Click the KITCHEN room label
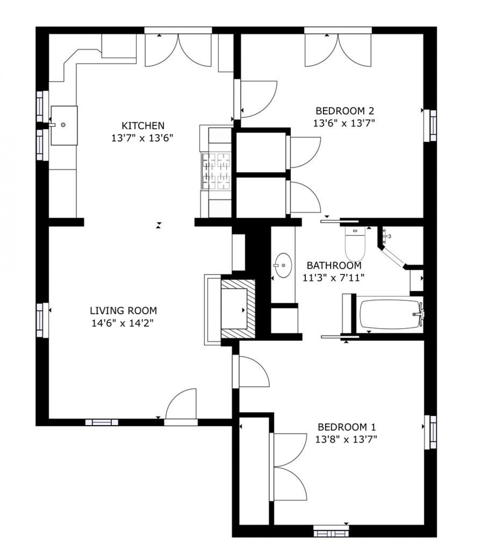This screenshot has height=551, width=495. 143,126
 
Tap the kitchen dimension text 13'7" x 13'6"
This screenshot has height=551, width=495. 142,138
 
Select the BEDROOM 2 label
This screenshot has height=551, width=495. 345,110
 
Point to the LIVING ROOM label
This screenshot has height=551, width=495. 123,311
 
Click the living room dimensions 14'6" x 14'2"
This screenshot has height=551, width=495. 122,323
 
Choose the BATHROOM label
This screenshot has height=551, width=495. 334,265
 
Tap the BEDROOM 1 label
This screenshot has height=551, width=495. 346,427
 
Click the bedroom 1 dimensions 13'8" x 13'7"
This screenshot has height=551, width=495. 346,439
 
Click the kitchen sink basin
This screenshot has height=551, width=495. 64,125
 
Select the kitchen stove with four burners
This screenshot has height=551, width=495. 216,171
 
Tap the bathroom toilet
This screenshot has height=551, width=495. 355,243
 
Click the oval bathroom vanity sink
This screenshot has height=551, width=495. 283,265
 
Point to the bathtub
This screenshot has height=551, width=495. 390,315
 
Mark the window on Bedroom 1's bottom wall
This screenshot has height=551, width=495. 331,531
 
